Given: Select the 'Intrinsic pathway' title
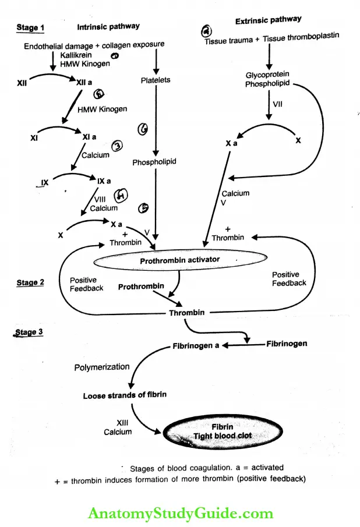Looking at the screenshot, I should pos(108,27).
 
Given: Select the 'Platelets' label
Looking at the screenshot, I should pos(156,80).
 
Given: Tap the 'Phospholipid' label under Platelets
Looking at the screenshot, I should pos(154,162).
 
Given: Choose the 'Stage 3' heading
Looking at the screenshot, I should pos(29,333).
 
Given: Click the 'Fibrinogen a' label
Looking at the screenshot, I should pos(196,346).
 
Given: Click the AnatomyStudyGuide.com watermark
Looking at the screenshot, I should pos(180,513).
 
